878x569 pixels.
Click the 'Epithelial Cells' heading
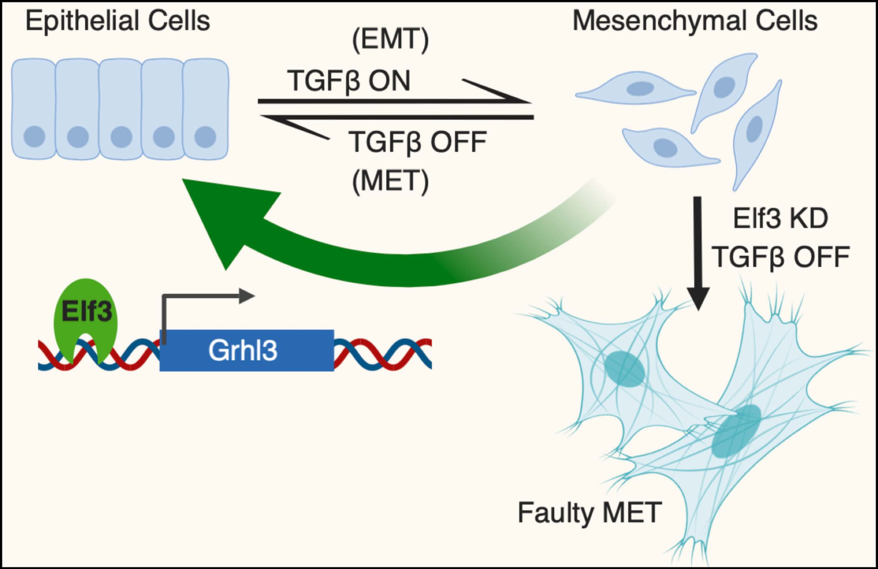pyautogui.click(x=117, y=21)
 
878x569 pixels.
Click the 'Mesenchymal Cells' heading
pyautogui.click(x=695, y=21)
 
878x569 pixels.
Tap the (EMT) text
pyautogui.click(x=390, y=40)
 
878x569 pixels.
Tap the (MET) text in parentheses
pyautogui.click(x=390, y=181)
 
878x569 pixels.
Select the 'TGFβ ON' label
pyautogui.click(x=348, y=81)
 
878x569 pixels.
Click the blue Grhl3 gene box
pyautogui.click(x=247, y=350)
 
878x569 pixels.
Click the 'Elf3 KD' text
pyautogui.click(x=780, y=219)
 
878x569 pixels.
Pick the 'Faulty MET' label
pyautogui.click(x=590, y=513)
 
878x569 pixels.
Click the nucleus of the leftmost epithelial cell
pyautogui.click(x=34, y=137)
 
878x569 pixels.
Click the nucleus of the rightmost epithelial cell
pyautogui.click(x=205, y=137)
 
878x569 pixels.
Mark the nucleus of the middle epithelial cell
pyautogui.click(x=121, y=137)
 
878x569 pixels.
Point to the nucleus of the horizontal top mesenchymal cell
pyautogui.click(x=640, y=89)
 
